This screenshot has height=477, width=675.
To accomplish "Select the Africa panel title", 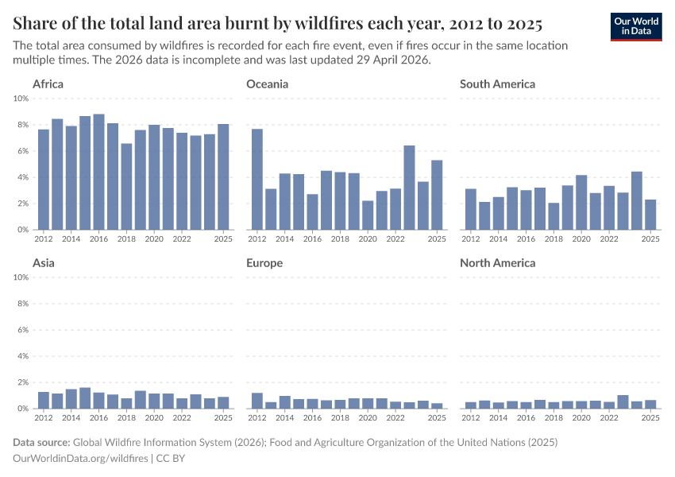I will point(48,83).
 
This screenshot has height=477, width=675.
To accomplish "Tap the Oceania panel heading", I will point(268,83).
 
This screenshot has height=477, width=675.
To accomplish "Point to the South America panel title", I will point(498,83).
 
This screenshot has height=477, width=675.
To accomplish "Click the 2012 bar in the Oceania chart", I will point(257,180).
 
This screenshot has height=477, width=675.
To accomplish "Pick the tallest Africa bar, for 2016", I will point(98,173).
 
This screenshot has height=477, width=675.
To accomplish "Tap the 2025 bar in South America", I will point(650,215).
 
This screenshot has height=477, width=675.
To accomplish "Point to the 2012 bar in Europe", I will point(257,401).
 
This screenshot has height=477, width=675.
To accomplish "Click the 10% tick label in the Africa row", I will point(21,99).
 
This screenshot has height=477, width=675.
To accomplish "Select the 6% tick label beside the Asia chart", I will point(21,330).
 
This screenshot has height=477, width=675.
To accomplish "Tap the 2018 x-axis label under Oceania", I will point(340,238).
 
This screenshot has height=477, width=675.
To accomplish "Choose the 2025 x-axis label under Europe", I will point(437,417).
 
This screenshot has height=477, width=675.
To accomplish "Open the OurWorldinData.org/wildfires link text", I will point(80,458).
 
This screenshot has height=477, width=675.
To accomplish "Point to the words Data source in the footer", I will point(41,442).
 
